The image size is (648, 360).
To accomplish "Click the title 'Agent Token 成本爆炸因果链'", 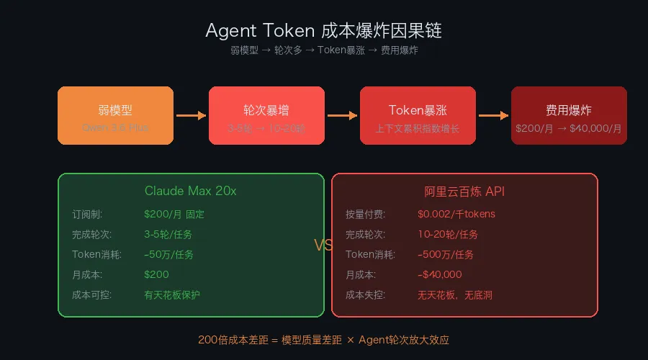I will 323,31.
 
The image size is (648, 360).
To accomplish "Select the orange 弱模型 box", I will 115,115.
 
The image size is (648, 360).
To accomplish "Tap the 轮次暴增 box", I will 266,115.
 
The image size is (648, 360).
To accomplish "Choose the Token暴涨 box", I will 418,115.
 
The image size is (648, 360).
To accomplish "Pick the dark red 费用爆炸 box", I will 569,115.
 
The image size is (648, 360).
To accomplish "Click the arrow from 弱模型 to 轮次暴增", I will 191,115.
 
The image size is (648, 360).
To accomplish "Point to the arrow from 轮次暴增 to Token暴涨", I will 342,115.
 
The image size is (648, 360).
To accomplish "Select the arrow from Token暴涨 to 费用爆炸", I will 493,115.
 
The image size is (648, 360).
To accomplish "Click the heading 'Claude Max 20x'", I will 190,191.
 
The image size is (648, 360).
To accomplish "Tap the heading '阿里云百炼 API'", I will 464,191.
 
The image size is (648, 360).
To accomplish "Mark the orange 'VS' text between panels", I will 324,246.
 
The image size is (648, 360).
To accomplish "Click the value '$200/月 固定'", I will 174,214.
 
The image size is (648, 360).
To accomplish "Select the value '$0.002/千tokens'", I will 456,214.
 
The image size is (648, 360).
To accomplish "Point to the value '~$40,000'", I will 440,274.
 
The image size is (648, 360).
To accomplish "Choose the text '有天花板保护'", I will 172,294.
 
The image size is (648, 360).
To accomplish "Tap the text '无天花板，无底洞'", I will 455,294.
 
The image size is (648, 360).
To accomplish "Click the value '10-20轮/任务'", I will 448,234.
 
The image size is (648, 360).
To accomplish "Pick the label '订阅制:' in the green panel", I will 87,214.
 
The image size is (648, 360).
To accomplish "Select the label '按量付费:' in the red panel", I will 365,214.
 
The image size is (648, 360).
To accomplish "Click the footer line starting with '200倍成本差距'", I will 323,340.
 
